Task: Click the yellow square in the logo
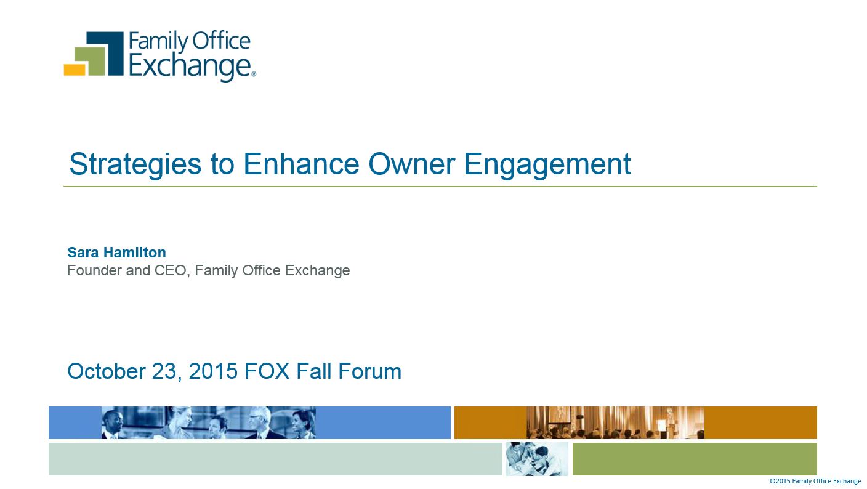75,70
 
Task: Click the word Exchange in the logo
190,67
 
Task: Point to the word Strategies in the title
135,164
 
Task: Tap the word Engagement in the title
547,164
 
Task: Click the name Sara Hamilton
116,253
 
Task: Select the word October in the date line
107,371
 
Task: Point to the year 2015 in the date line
213,371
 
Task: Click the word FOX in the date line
267,371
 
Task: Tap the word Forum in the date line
369,371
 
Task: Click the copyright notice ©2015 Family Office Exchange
815,481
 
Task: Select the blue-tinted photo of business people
209,422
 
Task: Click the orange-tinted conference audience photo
615,422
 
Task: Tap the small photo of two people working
537,459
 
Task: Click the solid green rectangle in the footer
695,459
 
